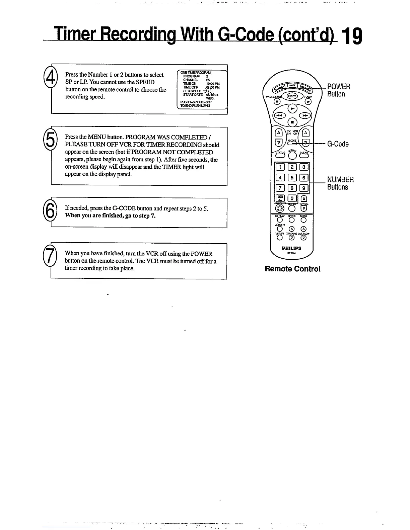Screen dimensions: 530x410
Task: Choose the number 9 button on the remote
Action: (x=303, y=188)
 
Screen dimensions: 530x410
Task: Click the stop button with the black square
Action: (x=292, y=122)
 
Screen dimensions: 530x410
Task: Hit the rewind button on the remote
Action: (x=279, y=115)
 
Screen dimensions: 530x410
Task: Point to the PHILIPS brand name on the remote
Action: (x=291, y=248)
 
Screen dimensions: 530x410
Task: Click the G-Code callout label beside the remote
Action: (x=338, y=144)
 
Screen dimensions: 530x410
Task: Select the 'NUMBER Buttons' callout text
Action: (x=340, y=183)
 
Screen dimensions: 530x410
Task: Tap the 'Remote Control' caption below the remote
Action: (x=292, y=269)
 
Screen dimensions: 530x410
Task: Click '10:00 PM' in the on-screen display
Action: (x=212, y=84)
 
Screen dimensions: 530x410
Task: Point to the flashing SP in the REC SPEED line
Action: (x=208, y=91)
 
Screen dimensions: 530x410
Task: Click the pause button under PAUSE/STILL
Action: (x=277, y=101)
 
